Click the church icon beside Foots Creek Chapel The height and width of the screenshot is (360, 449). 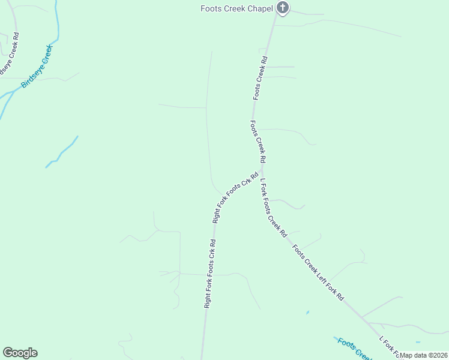pyautogui.click(x=283, y=8)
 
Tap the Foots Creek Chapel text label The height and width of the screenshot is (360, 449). pyautogui.click(x=237, y=8)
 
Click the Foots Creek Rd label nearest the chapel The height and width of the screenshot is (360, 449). pyautogui.click(x=259, y=78)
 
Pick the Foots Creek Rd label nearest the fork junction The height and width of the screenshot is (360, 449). pyautogui.click(x=258, y=142)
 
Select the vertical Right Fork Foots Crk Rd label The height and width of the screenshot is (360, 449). pyautogui.click(x=209, y=274)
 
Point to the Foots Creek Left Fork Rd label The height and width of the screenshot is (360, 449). pyautogui.click(x=318, y=272)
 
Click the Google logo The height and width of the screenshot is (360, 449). pyautogui.click(x=20, y=353)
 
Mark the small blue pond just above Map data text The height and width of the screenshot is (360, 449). pyautogui.click(x=307, y=313)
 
